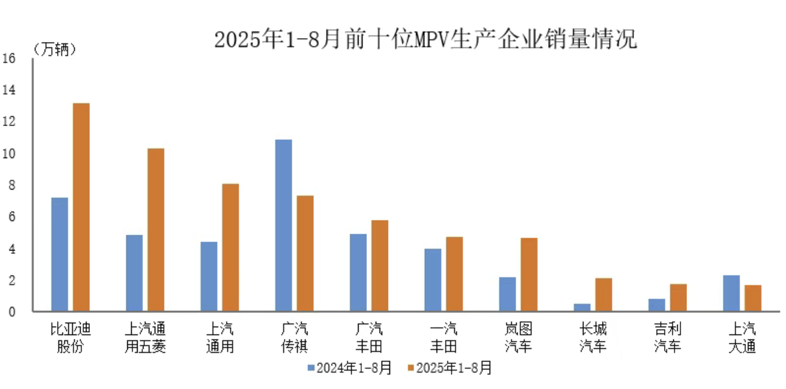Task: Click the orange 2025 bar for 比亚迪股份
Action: [81, 207]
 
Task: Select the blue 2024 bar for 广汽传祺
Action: [283, 226]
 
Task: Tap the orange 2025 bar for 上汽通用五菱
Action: [156, 230]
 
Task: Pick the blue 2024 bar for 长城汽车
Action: [582, 308]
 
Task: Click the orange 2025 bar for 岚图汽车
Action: [529, 275]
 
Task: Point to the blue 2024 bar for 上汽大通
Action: [731, 293]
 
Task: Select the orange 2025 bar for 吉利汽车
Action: [678, 298]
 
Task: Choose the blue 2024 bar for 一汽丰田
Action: [433, 280]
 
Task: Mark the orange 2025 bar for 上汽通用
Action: [231, 248]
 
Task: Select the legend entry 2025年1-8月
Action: [449, 369]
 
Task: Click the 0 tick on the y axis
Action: [11, 312]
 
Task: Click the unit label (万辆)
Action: [55, 49]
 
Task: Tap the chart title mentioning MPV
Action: [425, 39]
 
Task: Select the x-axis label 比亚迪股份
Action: [70, 337]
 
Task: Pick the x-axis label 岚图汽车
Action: [518, 337]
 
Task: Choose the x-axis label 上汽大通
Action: [742, 337]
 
